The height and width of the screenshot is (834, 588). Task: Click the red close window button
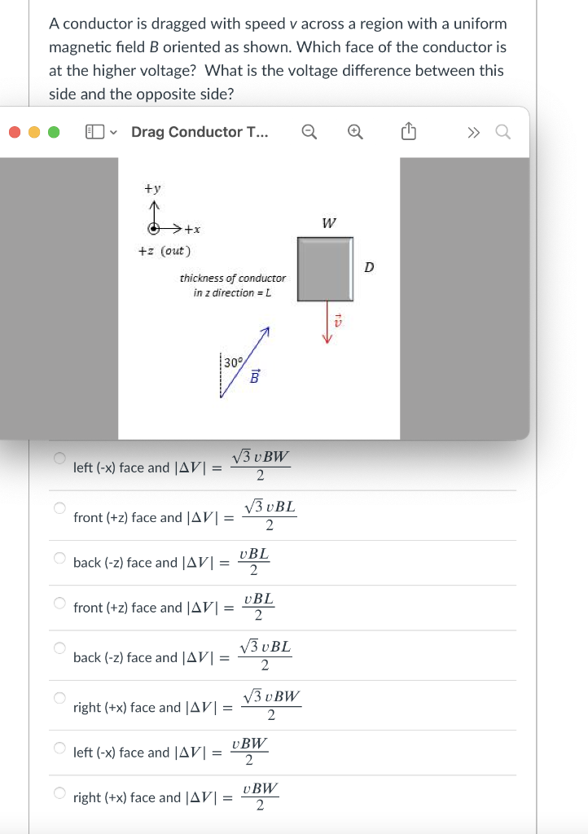(15, 132)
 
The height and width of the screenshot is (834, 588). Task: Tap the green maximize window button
(53, 132)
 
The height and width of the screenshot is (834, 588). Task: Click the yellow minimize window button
(34, 132)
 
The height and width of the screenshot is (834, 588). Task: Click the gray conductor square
(325, 268)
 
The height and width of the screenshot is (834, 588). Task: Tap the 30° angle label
(232, 362)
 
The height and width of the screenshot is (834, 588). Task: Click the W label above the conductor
(328, 223)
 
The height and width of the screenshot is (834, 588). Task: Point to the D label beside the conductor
(368, 266)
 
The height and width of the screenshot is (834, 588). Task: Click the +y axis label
(152, 188)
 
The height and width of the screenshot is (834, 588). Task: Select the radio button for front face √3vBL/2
(59, 508)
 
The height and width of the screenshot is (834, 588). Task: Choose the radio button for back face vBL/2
(59, 558)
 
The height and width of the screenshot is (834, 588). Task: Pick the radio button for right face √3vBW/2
(59, 698)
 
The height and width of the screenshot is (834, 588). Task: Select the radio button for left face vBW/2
(59, 748)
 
